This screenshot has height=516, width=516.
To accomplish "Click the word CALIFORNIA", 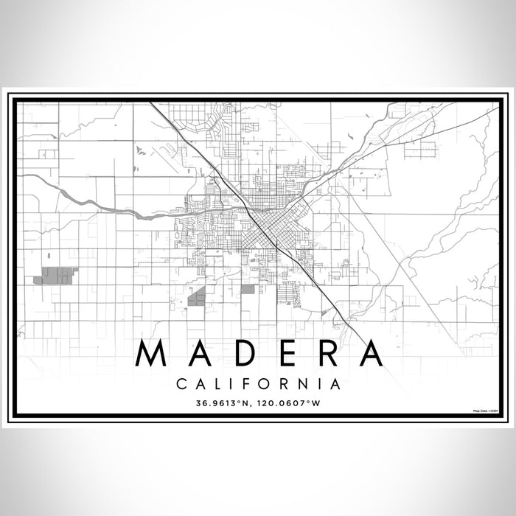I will click(x=258, y=383).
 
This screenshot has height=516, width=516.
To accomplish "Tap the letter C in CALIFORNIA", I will click(x=181, y=383).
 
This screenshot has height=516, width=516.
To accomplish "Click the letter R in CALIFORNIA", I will click(x=286, y=383).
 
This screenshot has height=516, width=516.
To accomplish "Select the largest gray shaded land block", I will click(x=56, y=276).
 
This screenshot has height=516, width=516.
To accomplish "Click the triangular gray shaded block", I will click(x=198, y=298).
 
